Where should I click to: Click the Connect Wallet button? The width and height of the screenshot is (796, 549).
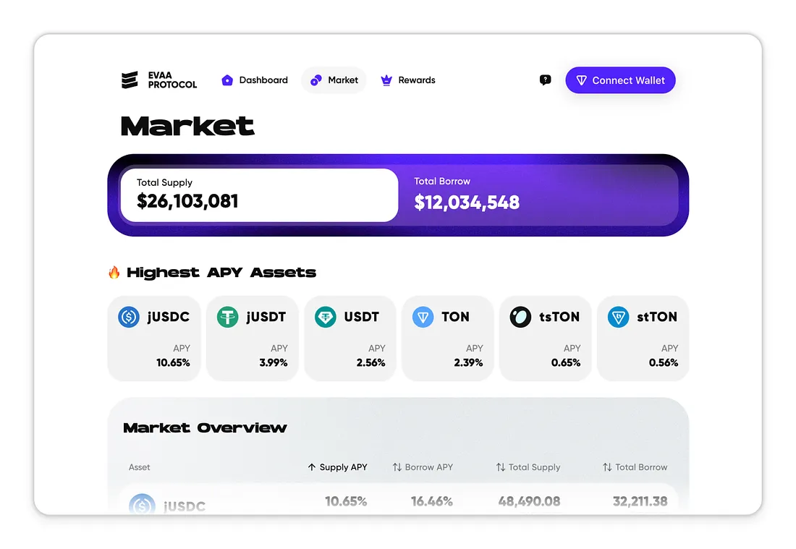tap(620, 80)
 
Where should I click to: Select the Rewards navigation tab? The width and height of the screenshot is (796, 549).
tap(408, 80)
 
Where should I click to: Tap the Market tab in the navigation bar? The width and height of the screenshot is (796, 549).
tap(334, 80)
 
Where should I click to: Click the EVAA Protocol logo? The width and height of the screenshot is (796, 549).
tap(159, 80)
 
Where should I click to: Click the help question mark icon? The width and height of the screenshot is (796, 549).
tap(546, 80)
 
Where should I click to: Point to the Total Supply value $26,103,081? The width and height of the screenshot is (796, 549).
tap(187, 201)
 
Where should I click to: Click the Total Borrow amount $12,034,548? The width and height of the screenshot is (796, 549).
tap(467, 203)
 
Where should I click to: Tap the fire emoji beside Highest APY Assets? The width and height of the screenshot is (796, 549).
tap(114, 273)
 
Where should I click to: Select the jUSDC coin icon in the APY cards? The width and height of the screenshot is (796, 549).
tap(129, 317)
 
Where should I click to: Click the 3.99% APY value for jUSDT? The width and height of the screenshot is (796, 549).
tap(274, 362)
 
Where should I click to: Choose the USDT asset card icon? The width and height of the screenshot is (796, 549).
tap(326, 317)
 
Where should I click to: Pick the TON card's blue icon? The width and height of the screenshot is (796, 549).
tap(423, 317)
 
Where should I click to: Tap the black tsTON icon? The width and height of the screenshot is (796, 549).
tap(520, 317)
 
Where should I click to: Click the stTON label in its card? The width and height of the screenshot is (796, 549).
tap(657, 317)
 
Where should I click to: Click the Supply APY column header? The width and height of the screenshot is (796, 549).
tap(338, 467)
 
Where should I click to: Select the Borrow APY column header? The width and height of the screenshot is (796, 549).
tap(423, 467)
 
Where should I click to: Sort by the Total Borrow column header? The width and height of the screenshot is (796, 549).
tap(635, 467)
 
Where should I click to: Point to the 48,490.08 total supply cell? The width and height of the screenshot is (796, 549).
tap(529, 501)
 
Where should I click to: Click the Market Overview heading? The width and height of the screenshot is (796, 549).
tap(205, 428)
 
